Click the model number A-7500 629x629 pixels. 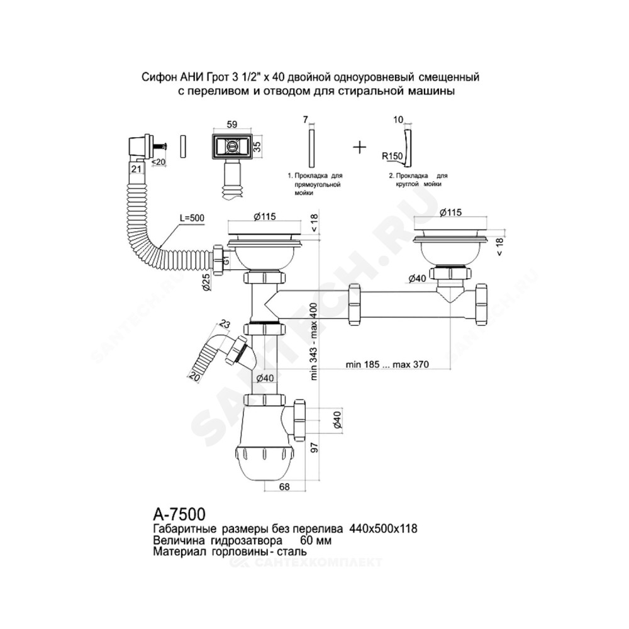click(x=179, y=514)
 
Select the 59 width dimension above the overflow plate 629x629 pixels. click(x=232, y=125)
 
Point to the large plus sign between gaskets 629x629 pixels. click(x=360, y=147)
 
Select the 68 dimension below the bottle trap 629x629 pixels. click(x=284, y=487)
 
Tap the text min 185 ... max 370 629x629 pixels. click(x=387, y=365)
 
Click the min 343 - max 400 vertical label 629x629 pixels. click(x=314, y=342)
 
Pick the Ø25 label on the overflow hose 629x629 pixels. click(x=206, y=283)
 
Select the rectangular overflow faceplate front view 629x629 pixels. click(x=232, y=147)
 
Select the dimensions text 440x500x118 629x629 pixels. click(x=384, y=529)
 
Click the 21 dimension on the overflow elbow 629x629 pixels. click(x=136, y=169)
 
